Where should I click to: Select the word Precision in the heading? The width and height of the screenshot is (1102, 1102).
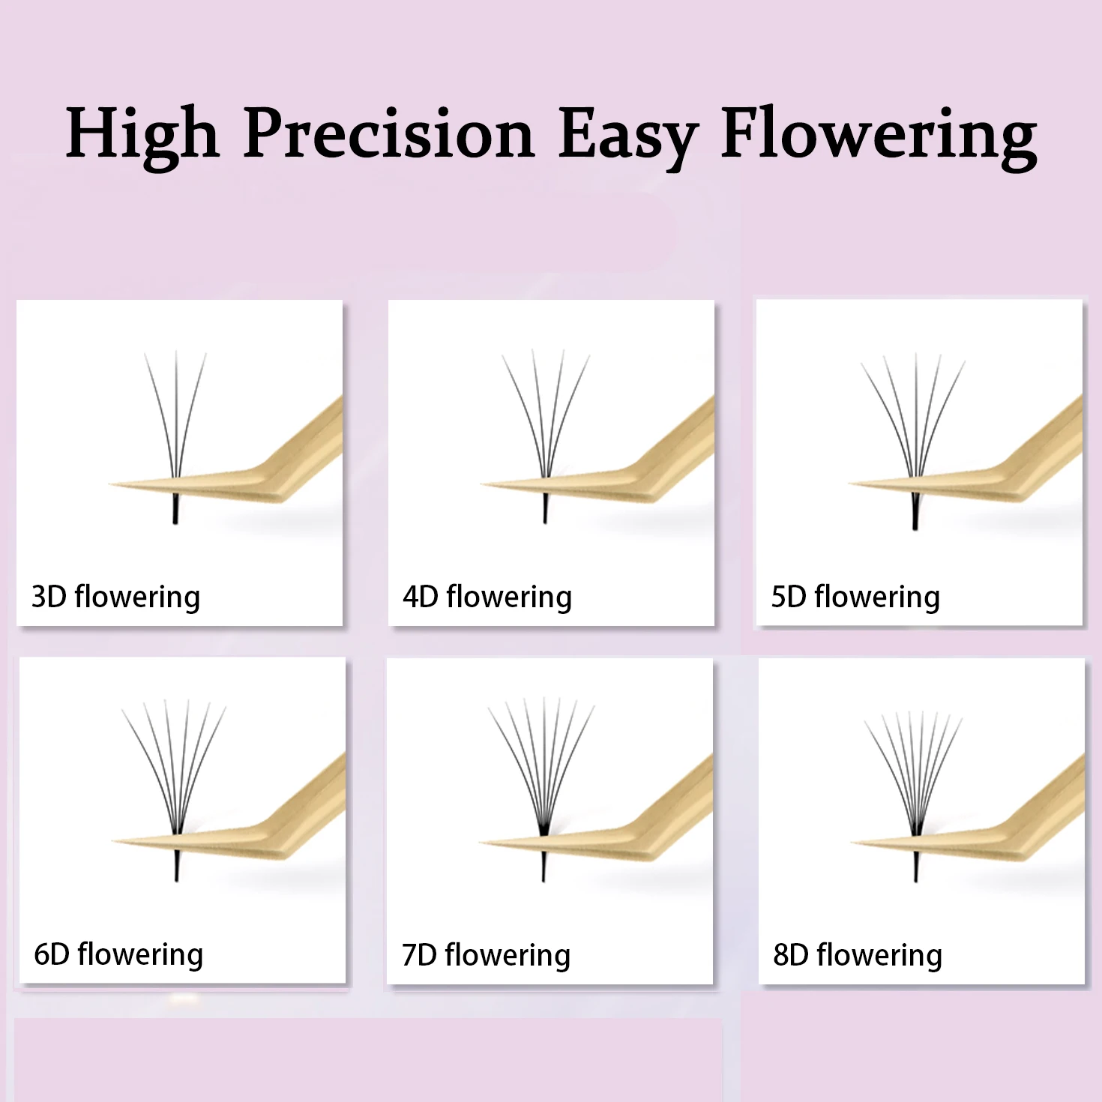[x=389, y=133]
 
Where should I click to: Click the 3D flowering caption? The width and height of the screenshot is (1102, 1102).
[x=115, y=597]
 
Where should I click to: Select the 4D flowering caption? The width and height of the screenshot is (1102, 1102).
[x=487, y=597]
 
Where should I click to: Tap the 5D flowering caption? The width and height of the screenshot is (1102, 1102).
[x=855, y=597]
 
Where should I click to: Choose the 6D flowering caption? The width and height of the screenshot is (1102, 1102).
[x=118, y=955]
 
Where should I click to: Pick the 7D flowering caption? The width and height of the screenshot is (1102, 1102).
[x=486, y=956]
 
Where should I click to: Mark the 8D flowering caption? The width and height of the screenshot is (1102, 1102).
[x=858, y=956]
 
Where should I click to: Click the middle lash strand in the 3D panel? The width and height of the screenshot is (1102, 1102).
[x=176, y=412]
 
